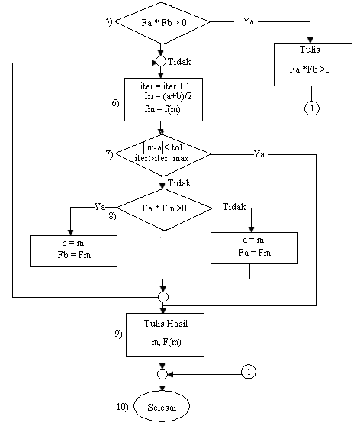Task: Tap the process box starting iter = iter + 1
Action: coord(162,98)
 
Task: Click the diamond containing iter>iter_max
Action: coord(162,154)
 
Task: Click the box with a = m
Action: coord(254,247)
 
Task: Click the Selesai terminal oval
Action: coord(162,404)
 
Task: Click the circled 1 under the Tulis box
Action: coord(311,108)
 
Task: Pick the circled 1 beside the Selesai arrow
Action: coord(249,372)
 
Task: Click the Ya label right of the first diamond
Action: coord(249,21)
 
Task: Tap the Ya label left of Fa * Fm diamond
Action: coord(100,206)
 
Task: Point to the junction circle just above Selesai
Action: coord(162,374)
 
